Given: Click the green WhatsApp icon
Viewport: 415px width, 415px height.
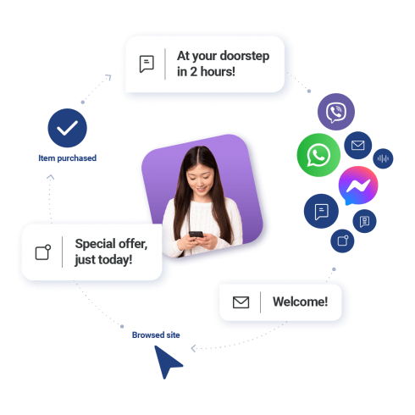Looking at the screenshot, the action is tap(318, 155).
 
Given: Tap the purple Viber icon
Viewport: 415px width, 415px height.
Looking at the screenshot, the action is tap(336, 112).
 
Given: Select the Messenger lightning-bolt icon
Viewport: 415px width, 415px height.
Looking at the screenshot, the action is tap(358, 185).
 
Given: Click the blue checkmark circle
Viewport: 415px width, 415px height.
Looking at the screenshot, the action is tap(67, 128).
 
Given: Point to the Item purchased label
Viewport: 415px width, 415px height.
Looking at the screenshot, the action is tap(68, 158).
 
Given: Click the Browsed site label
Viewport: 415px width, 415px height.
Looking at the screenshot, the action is tap(156, 335).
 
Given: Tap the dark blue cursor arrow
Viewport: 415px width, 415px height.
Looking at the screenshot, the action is tap(167, 361).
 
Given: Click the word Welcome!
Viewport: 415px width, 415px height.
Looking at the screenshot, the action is tap(300, 302).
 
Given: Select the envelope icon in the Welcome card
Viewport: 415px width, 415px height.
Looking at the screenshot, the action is tap(241, 302).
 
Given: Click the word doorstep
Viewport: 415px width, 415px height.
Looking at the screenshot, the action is tap(245, 57).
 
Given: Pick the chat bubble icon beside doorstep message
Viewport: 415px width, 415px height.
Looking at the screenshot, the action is tap(147, 64).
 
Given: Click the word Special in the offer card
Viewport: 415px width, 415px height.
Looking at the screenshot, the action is tap(96, 244).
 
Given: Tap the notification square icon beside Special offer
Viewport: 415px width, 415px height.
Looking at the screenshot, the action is tap(43, 252).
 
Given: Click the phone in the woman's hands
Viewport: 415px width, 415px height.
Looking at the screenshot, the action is tap(196, 235).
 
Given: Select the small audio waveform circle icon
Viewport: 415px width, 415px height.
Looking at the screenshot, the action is tap(383, 158).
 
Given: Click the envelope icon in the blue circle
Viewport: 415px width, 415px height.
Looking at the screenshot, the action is tap(358, 145).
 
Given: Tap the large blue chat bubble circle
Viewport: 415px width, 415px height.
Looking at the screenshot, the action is tap(321, 211).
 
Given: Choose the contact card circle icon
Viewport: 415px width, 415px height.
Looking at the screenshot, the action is tap(364, 221).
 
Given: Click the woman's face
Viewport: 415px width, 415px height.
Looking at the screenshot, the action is tap(200, 178).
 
